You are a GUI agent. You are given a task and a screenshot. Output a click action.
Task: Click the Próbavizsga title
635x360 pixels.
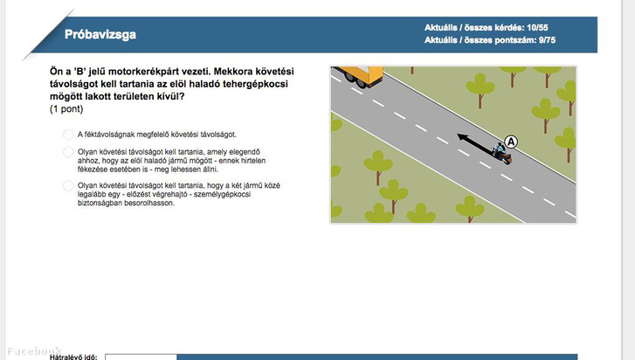coord(100,34)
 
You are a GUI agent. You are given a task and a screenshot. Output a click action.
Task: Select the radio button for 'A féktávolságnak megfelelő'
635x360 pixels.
coord(68,135)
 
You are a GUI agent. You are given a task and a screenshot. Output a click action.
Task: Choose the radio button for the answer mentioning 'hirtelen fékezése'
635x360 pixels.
coord(68,152)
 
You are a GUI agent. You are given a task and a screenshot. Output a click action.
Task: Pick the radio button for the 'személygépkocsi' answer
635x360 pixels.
coord(68,185)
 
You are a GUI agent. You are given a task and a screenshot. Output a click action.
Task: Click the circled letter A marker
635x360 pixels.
coord(511,142)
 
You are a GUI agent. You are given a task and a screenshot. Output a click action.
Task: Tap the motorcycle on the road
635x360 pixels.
coord(501,153)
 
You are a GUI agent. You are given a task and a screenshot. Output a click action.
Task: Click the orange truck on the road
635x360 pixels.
coord(360,76)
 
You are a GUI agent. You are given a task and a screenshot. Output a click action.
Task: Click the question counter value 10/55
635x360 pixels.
coord(537,28)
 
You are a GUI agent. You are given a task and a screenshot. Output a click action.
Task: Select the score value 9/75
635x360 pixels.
coord(547,40)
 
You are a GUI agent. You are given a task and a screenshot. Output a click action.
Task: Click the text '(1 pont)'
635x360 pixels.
coord(66,109)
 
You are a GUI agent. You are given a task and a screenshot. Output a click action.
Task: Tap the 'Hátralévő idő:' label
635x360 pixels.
coord(73,357)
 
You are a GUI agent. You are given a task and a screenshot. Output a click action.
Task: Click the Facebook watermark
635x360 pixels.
coord(34,350)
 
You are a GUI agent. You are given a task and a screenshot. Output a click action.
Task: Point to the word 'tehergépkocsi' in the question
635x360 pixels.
coord(255,84)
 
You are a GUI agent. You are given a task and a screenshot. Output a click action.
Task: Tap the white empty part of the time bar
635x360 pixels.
coord(141,357)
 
